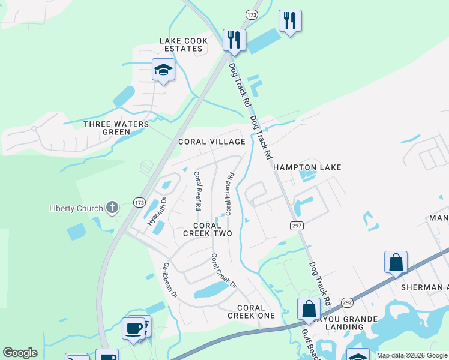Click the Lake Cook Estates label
184,44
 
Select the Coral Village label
212,142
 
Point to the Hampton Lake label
307,167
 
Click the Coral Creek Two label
206,229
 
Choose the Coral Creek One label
252,311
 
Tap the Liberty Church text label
76,209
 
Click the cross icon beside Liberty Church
111,208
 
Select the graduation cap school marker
163,70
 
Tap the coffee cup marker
134,328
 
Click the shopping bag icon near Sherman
396,262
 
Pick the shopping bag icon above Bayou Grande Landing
309,309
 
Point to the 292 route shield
348,302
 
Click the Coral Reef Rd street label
197,191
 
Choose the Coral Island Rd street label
229,194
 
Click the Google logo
20,353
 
